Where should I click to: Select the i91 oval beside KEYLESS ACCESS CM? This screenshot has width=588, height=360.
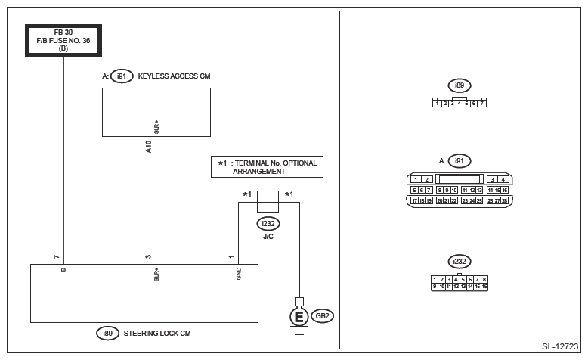click(x=122, y=76)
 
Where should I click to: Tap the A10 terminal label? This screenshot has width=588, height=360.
click(x=148, y=147)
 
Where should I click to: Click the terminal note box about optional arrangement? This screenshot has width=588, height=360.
click(x=267, y=166)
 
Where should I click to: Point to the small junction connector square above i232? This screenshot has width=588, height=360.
click(x=268, y=202)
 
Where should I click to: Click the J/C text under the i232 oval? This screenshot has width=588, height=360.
click(x=268, y=237)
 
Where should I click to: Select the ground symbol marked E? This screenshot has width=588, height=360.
click(x=299, y=317)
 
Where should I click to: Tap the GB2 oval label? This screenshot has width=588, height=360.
click(x=323, y=316)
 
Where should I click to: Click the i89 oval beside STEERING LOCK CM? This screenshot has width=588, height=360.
click(x=107, y=334)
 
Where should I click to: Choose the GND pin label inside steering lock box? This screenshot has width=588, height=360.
click(x=239, y=274)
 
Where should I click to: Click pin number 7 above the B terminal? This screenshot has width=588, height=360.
click(x=56, y=257)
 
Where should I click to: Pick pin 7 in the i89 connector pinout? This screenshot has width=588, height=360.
click(x=482, y=103)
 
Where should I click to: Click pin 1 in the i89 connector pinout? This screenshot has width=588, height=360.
click(x=437, y=103)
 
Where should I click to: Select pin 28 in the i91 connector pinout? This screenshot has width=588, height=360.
click(x=504, y=201)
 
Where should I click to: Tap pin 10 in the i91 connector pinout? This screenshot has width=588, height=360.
click(x=453, y=191)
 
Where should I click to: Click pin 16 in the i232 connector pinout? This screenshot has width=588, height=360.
click(x=484, y=287)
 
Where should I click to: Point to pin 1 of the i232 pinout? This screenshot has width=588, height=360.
click(x=435, y=280)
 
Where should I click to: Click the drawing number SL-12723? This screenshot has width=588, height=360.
click(x=560, y=346)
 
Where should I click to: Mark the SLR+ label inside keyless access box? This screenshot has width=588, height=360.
click(x=156, y=127)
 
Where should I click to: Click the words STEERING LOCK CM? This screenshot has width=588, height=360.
click(x=157, y=334)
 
